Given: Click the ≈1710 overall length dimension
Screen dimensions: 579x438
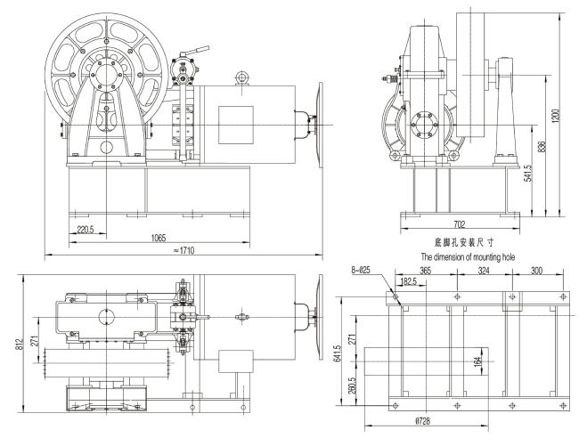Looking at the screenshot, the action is point(183,250).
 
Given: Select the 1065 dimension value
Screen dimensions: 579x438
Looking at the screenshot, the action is point(159,238).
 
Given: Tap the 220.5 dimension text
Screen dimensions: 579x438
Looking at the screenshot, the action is point(86,230).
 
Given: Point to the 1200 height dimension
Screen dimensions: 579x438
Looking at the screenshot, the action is point(558,116).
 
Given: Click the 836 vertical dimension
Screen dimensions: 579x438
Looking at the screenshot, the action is point(542,147).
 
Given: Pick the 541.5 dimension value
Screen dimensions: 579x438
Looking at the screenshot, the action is point(528,173).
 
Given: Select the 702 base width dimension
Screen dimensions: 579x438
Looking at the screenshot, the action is point(460,224).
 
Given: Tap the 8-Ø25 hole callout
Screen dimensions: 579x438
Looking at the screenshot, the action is point(361,270).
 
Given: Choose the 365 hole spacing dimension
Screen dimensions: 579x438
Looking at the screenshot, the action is point(426,271).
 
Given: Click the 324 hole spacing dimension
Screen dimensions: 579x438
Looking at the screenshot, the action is point(484,271).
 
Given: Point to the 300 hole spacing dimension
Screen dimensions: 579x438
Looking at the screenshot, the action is point(536,271).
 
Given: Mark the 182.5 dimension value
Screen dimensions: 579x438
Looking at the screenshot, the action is point(408,282).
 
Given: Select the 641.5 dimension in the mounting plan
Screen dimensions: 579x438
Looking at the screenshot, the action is point(339,353).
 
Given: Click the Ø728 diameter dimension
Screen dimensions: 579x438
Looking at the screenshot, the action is point(423,421).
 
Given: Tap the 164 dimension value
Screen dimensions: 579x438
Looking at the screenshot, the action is point(478,361).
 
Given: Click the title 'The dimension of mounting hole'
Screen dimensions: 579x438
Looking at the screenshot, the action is point(468,256).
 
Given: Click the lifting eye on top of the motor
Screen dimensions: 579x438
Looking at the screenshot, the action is point(242,78).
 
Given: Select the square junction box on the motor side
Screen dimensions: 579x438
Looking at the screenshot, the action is point(236,126).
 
